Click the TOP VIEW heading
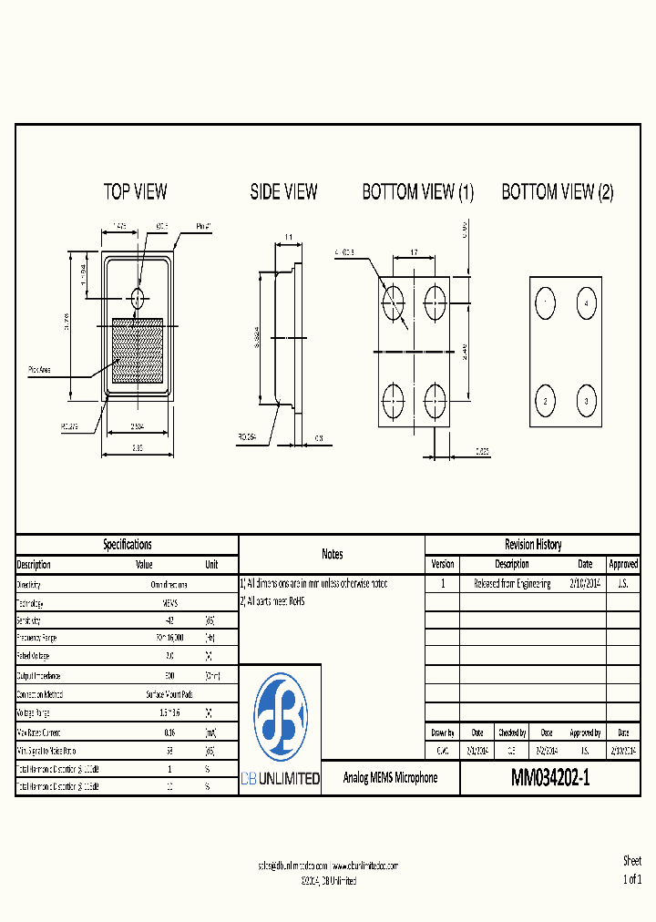pyautogui.click(x=135, y=191)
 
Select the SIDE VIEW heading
pyautogui.click(x=283, y=191)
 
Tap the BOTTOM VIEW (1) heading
pyautogui.click(x=418, y=191)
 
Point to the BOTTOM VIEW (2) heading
pyautogui.click(x=558, y=191)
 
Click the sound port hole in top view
pyautogui.click(x=138, y=297)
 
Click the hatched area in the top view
pyautogui.click(x=137, y=351)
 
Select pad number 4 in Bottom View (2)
pyautogui.click(x=587, y=302)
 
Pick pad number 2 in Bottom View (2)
pyautogui.click(x=545, y=401)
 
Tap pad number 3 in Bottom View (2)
pyautogui.click(x=587, y=401)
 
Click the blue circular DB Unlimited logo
pyautogui.click(x=280, y=718)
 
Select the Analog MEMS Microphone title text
pyautogui.click(x=390, y=778)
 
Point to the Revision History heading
pyautogui.click(x=533, y=544)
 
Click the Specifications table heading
pyautogui.click(x=127, y=544)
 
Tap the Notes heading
pyautogui.click(x=332, y=554)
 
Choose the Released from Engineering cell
pyautogui.click(x=512, y=583)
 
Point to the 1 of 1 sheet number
pyautogui.click(x=631, y=879)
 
